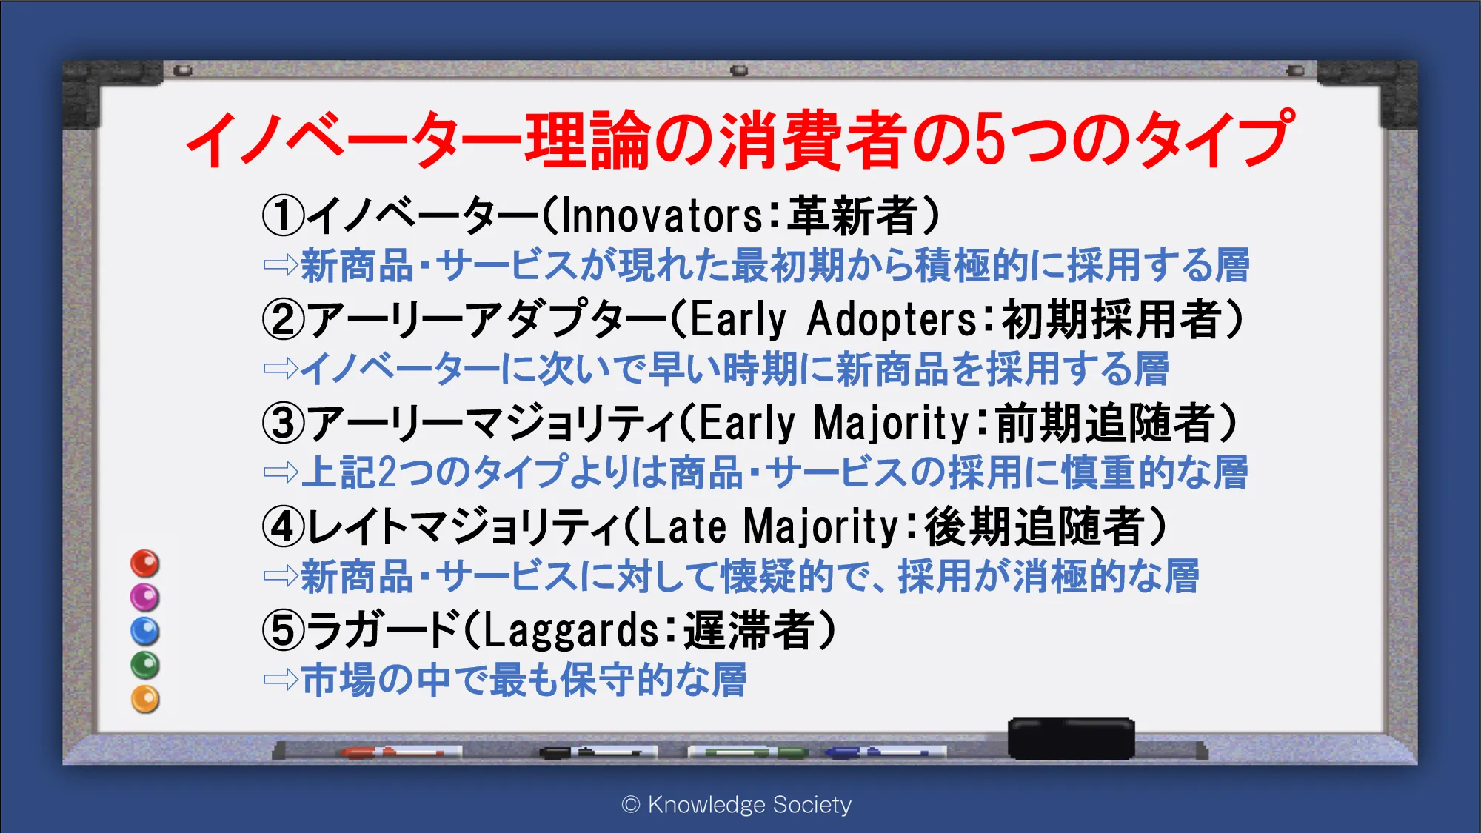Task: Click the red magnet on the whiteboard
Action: click(145, 563)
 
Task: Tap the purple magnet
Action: click(145, 597)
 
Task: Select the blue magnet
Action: click(145, 631)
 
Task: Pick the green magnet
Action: click(145, 665)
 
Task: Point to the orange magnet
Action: click(145, 699)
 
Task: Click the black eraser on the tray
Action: click(1071, 738)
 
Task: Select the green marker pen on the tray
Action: click(748, 752)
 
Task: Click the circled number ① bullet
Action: click(283, 215)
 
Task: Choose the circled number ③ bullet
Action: click(283, 423)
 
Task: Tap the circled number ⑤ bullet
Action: click(283, 630)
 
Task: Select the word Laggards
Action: click(571, 632)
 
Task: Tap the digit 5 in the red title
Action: click(993, 139)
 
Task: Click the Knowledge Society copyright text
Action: click(737, 804)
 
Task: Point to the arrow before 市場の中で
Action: click(281, 680)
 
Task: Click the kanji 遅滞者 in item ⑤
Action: click(749, 630)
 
